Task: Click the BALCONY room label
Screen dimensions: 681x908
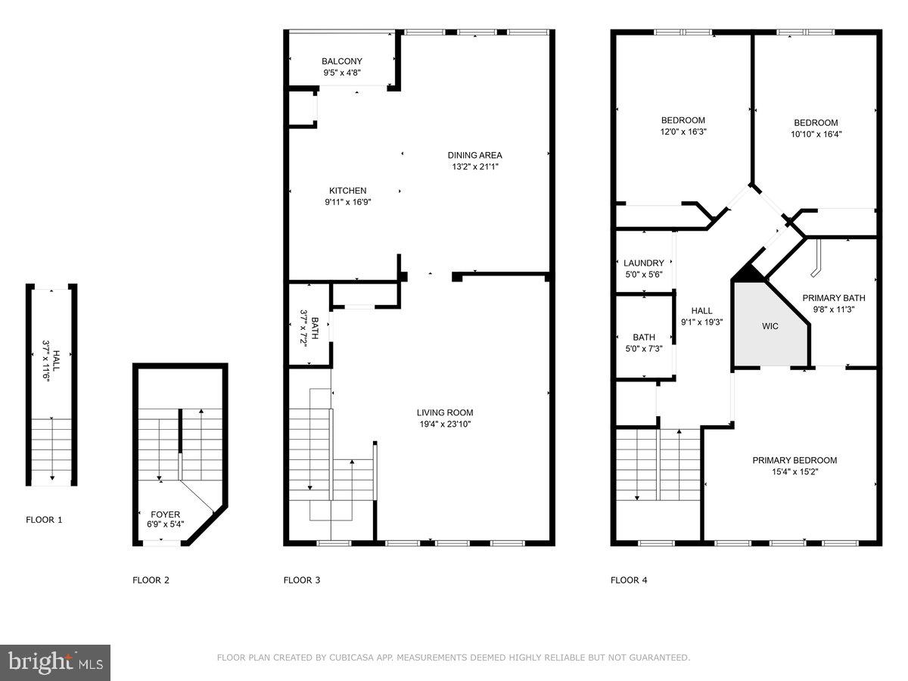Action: point(341,61)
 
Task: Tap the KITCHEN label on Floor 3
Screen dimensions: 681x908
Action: point(347,191)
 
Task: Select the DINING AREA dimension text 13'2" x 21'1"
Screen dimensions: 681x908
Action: point(474,166)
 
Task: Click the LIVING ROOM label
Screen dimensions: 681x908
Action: point(445,412)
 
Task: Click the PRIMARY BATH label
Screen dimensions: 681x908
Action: point(833,298)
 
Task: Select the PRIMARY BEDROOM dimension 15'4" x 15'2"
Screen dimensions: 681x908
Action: point(794,471)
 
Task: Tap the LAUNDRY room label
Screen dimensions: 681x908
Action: point(644,263)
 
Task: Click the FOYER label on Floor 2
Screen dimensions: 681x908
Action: point(165,513)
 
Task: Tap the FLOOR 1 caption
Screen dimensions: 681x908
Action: point(45,520)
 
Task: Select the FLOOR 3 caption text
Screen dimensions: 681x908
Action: point(302,580)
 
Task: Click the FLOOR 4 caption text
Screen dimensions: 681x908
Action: point(629,580)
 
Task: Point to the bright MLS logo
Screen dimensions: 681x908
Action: point(55,663)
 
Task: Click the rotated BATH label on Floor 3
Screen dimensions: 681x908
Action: point(303,328)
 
